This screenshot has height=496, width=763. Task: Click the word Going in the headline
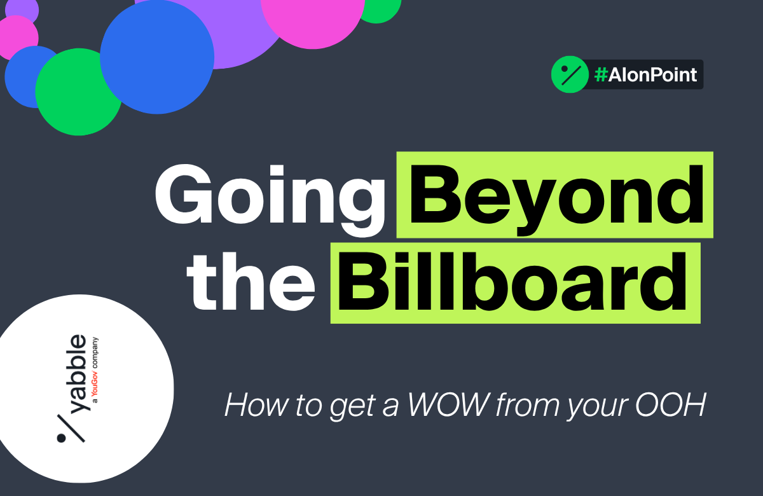click(x=270, y=193)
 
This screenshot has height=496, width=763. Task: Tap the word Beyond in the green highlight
click(x=554, y=193)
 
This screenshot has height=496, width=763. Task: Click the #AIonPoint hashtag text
click(x=645, y=75)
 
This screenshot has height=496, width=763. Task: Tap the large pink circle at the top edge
click(x=312, y=16)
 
